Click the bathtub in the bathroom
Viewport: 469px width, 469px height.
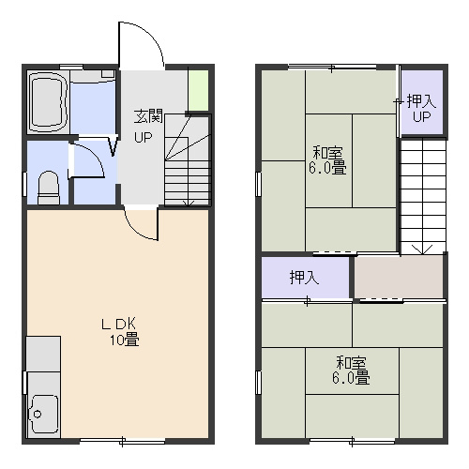click(48, 102)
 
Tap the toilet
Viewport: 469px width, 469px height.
click(49, 188)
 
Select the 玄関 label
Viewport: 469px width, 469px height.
click(148, 116)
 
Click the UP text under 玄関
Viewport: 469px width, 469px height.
click(144, 137)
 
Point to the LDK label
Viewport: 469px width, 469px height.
click(118, 325)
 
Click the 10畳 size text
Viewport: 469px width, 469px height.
click(124, 340)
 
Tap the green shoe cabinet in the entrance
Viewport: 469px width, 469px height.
click(199, 90)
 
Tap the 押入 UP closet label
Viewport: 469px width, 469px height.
click(421, 109)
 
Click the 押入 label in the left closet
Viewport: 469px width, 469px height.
click(304, 278)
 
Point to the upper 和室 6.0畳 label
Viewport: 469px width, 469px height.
click(327, 160)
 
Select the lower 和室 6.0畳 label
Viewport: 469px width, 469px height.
click(351, 371)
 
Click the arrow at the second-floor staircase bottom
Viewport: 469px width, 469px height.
click(423, 249)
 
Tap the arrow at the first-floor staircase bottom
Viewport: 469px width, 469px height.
click(188, 203)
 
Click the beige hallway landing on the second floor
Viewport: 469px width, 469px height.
click(399, 277)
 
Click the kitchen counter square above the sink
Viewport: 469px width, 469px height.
click(43, 355)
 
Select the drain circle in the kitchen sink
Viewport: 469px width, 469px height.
click(38, 415)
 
